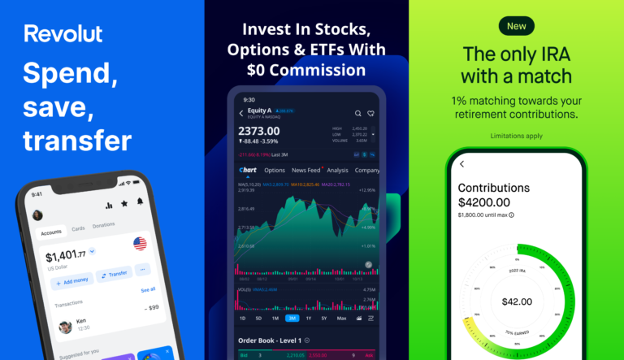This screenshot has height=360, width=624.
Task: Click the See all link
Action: [x=148, y=289]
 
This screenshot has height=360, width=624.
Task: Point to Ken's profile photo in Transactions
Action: [x=65, y=327]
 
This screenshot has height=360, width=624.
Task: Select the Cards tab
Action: [x=78, y=228]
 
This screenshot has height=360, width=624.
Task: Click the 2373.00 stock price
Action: [x=259, y=130]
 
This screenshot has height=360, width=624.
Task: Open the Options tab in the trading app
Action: [x=275, y=170]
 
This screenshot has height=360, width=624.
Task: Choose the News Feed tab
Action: [x=305, y=170]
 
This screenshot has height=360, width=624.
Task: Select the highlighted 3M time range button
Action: [x=292, y=319]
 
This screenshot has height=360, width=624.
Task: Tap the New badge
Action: [x=517, y=26]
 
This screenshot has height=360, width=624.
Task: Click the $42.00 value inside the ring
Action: [x=517, y=301]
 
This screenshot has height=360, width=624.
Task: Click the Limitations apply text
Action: [x=516, y=136]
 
